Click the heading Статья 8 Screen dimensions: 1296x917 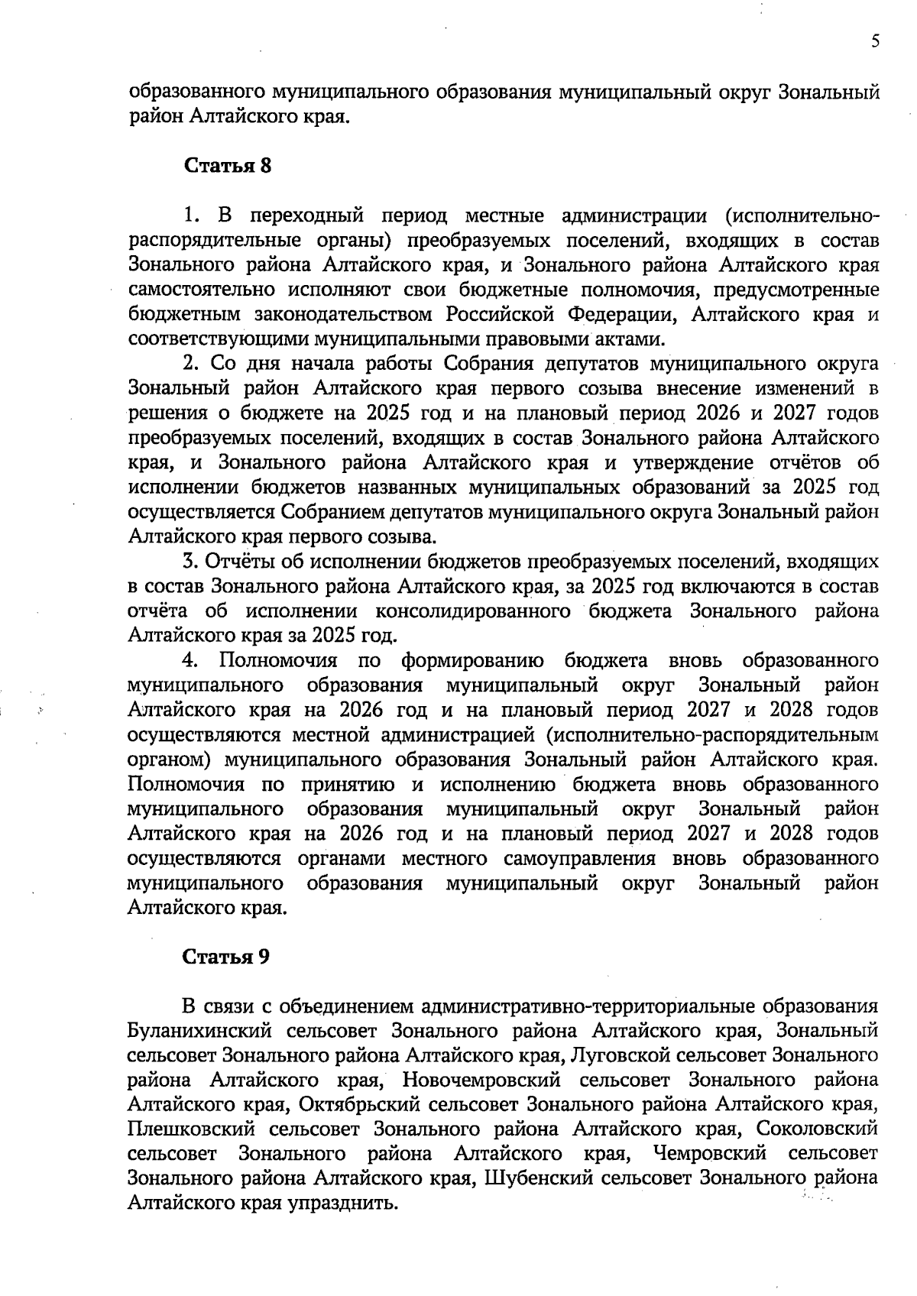point(228,166)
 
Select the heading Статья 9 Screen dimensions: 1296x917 point(226,957)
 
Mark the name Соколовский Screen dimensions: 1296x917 point(817,1129)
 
